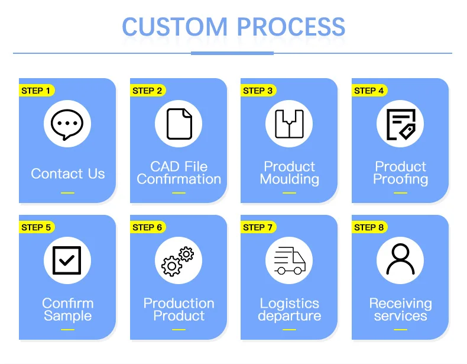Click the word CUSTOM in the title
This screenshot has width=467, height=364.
(x=175, y=27)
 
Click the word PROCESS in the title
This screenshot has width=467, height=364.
(x=291, y=27)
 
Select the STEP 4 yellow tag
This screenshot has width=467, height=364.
(x=369, y=91)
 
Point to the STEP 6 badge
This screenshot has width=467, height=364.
(x=148, y=227)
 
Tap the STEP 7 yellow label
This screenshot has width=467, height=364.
(x=258, y=227)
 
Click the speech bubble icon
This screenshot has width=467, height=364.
(x=67, y=124)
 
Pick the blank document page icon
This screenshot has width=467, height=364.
(x=179, y=124)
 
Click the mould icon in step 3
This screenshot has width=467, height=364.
(x=290, y=124)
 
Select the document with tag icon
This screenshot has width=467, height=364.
(x=401, y=124)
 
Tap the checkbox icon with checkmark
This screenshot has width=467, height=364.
(x=67, y=260)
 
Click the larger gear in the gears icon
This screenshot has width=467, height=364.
(x=171, y=266)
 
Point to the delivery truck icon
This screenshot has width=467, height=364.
(x=290, y=260)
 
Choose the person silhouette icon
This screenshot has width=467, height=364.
(x=401, y=259)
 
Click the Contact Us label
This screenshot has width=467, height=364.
(x=68, y=173)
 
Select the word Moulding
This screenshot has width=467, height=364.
(x=290, y=179)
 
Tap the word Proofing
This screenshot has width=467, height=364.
(x=401, y=179)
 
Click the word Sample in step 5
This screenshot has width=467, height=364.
(x=67, y=316)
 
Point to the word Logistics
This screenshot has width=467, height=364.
(x=290, y=304)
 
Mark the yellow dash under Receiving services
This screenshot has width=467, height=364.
(x=400, y=330)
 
